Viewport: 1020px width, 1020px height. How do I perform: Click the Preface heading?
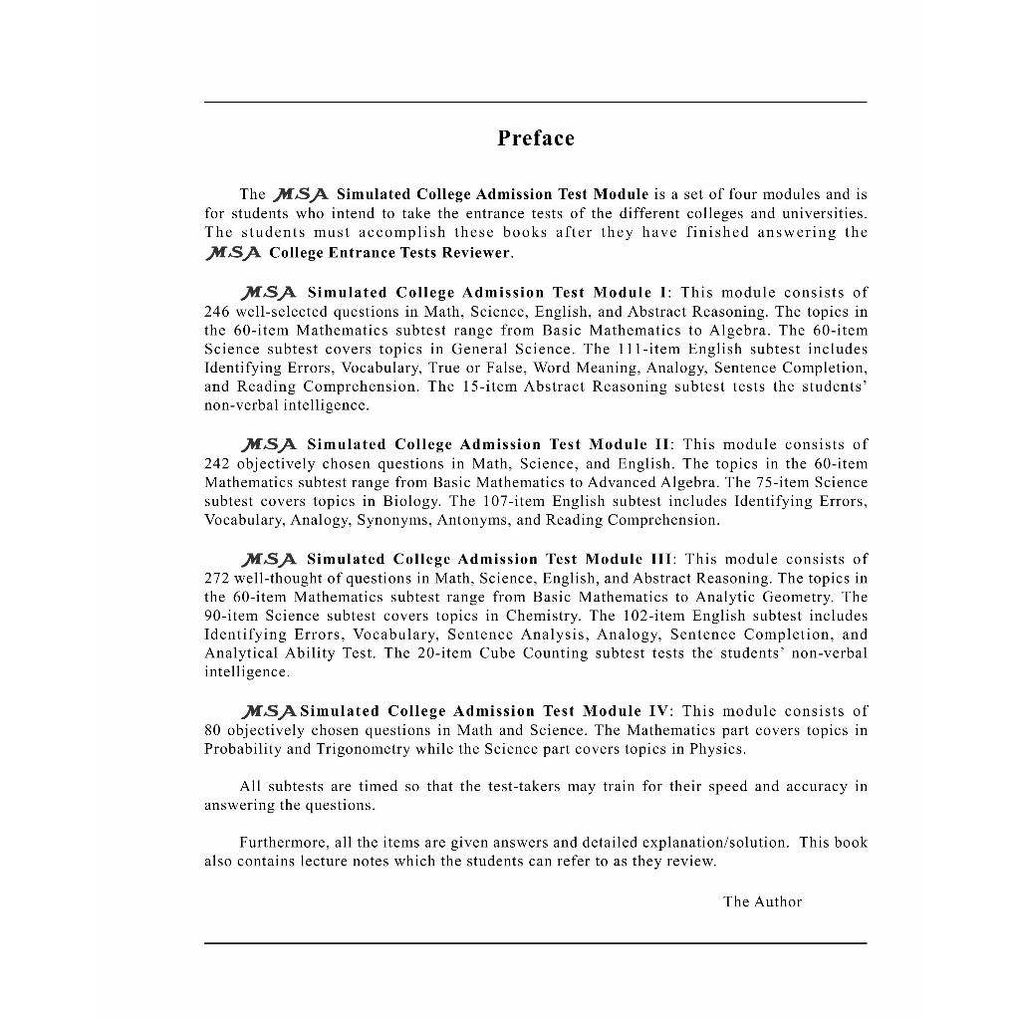pyautogui.click(x=536, y=138)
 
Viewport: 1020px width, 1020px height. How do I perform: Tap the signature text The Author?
pyautogui.click(x=762, y=901)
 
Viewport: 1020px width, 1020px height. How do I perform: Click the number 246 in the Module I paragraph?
pyautogui.click(x=217, y=312)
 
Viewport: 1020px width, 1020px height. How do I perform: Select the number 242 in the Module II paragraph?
pyautogui.click(x=217, y=464)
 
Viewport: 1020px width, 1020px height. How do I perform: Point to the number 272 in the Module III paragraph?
pyautogui.click(x=217, y=578)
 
